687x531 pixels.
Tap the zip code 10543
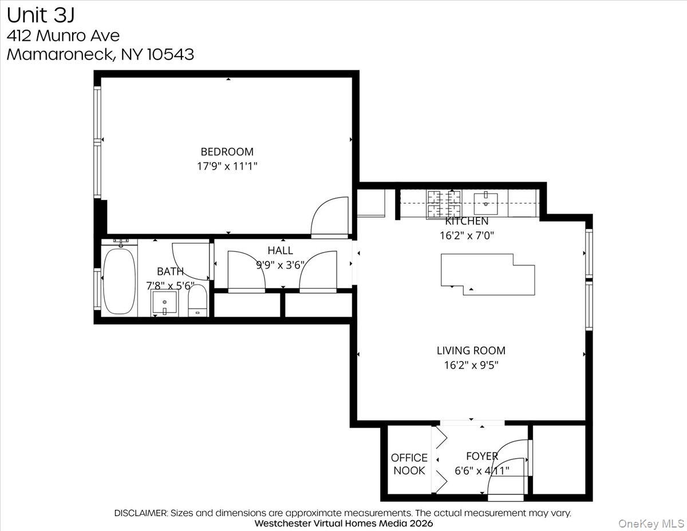tap(171, 54)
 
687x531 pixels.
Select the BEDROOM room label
tap(227, 152)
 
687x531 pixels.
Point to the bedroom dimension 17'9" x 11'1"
tap(227, 166)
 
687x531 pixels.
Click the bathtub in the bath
tap(119, 281)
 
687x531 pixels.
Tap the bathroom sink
tap(164, 303)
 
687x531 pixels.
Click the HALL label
tap(280, 250)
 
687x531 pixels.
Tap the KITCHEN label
tap(467, 221)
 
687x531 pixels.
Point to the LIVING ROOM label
tap(471, 351)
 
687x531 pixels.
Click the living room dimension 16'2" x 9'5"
tap(471, 365)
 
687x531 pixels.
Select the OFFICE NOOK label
tap(409, 464)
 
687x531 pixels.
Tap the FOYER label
tap(481, 457)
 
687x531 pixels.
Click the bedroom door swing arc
tap(329, 217)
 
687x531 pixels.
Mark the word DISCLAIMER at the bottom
tap(140, 513)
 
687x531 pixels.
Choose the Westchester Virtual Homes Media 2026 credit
tap(343, 523)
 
